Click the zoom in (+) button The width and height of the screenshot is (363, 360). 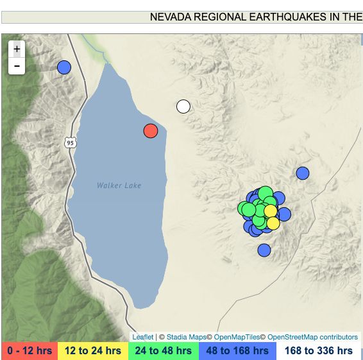(17, 49)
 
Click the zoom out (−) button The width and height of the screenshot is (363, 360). (17, 65)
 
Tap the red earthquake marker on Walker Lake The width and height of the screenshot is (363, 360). (151, 131)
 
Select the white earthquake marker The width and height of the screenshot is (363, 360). (183, 107)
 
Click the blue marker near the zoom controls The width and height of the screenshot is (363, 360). (64, 67)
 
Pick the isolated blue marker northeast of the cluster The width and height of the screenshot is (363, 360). (303, 173)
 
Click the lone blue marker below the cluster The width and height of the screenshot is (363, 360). (264, 250)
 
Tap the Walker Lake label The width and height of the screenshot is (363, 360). (119, 185)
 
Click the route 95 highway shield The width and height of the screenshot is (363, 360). (70, 142)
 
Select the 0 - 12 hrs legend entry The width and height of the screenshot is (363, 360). (29, 351)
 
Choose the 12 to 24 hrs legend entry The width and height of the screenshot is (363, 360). (93, 351)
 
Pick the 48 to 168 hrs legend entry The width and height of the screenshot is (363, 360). (237, 351)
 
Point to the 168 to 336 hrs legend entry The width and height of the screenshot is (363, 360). (319, 351)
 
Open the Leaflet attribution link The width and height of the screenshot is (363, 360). (143, 337)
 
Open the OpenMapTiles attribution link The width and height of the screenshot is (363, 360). (237, 337)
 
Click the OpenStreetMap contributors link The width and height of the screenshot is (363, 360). (312, 337)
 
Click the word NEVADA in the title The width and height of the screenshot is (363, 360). (171, 17)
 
